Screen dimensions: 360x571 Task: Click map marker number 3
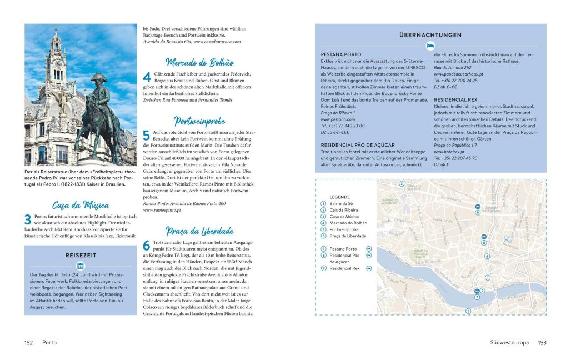pos(401,183)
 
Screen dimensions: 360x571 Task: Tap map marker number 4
pos(506,240)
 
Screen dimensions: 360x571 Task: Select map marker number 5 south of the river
pos(468,311)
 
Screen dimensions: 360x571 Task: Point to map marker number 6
pos(487,256)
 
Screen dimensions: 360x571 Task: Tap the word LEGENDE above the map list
pos(339,197)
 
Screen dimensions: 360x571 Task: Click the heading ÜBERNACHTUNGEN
pos(430,35)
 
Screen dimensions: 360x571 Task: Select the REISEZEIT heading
pos(81,254)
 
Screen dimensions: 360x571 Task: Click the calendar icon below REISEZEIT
pos(81,266)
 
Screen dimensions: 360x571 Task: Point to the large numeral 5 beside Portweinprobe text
pos(147,135)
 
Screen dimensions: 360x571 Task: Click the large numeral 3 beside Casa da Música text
pos(28,219)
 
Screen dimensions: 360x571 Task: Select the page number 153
pos(542,343)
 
